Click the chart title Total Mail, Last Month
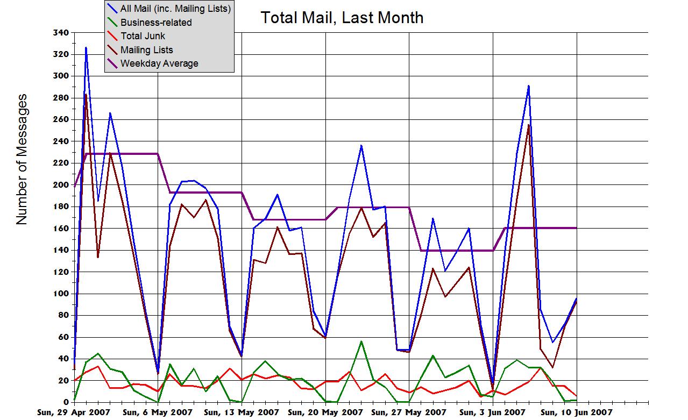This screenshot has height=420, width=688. click(x=342, y=18)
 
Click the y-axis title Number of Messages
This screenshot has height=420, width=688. click(x=22, y=159)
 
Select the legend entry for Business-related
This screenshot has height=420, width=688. click(x=156, y=23)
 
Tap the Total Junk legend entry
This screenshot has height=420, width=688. click(x=143, y=36)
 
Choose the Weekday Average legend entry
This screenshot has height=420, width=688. click(x=159, y=63)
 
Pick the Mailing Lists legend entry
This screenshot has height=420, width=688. click(x=146, y=50)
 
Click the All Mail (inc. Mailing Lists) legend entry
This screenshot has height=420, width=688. click(x=175, y=9)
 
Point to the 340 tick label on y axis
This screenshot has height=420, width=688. click(x=61, y=33)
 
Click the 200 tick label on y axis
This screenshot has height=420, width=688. click(x=61, y=185)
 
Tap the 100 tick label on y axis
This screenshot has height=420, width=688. click(x=61, y=294)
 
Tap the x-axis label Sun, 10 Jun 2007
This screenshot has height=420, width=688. click(x=576, y=412)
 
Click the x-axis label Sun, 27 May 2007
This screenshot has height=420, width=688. click(x=409, y=412)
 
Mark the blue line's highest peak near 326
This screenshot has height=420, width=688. click(x=86, y=48)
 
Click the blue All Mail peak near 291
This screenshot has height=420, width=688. click(x=529, y=86)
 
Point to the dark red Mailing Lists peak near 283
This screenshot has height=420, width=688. click(x=86, y=95)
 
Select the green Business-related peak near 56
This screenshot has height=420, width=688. click(x=361, y=341)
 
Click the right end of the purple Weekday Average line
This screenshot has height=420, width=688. click(x=576, y=228)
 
